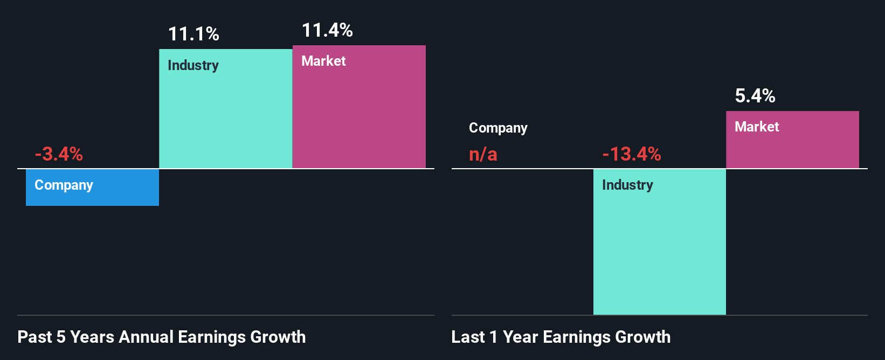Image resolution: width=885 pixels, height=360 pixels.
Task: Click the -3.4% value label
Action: point(59,154)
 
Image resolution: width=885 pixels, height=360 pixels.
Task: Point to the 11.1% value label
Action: point(193,34)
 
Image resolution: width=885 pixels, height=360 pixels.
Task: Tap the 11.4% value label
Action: point(327,30)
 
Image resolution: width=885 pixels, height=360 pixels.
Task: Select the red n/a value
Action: point(483,155)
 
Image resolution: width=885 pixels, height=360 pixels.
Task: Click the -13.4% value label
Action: point(631,154)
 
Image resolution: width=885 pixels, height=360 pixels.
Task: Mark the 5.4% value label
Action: point(755,96)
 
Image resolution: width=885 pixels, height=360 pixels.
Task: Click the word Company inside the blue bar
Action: point(64,185)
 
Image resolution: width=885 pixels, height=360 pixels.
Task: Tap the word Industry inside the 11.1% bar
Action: point(193,66)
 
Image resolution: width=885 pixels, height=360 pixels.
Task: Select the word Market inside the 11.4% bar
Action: point(323,61)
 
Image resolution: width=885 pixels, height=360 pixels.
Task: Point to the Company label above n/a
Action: point(498,128)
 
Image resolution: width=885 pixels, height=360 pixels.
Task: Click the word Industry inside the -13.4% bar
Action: point(627,185)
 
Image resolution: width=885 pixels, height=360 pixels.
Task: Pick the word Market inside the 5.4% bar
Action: point(757,127)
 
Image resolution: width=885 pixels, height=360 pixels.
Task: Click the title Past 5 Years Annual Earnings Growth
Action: point(162,337)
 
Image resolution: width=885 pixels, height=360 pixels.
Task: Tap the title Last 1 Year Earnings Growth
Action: point(561,337)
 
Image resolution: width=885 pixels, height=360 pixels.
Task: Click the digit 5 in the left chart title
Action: point(61,337)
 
